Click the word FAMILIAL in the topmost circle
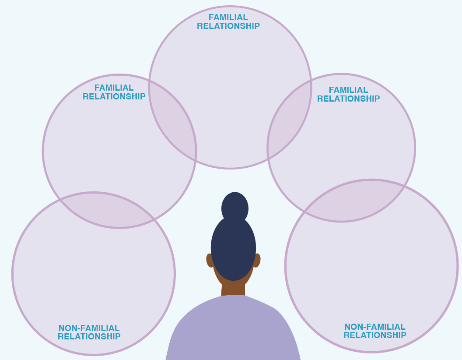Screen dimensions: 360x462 pyautogui.click(x=228, y=18)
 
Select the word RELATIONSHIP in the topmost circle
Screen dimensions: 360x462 pyautogui.click(x=228, y=26)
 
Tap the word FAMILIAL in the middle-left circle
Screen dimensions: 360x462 pyautogui.click(x=114, y=88)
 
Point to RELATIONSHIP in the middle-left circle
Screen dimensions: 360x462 pyautogui.click(x=114, y=97)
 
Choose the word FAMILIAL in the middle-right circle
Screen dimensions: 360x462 pyautogui.click(x=348, y=90)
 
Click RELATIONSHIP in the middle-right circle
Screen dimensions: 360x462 pyautogui.click(x=348, y=99)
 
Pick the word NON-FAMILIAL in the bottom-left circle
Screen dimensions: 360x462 pyautogui.click(x=89, y=328)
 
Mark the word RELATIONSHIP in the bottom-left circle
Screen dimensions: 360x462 pyautogui.click(x=89, y=337)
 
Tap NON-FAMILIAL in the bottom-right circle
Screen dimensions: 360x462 pyautogui.click(x=374, y=327)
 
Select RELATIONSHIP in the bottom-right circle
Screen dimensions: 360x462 pyautogui.click(x=374, y=335)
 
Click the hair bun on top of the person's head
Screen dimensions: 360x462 pyautogui.click(x=235, y=207)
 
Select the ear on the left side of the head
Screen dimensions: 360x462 pyautogui.click(x=210, y=260)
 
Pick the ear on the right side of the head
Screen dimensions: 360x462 pyautogui.click(x=257, y=260)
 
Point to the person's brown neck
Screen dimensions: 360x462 pyautogui.click(x=233, y=289)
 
